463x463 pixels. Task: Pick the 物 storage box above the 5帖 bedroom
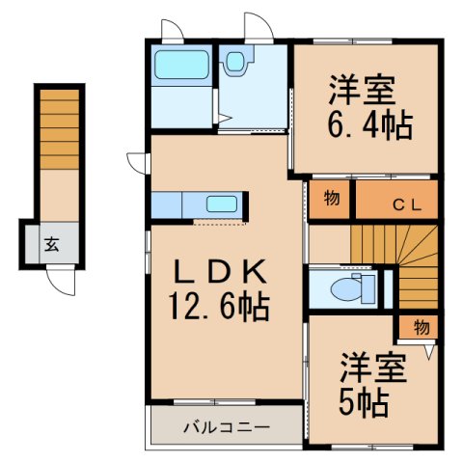(422, 327)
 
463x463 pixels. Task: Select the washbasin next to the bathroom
(236, 63)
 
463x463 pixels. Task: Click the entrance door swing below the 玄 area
(63, 281)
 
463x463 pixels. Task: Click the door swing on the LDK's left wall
(135, 159)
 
